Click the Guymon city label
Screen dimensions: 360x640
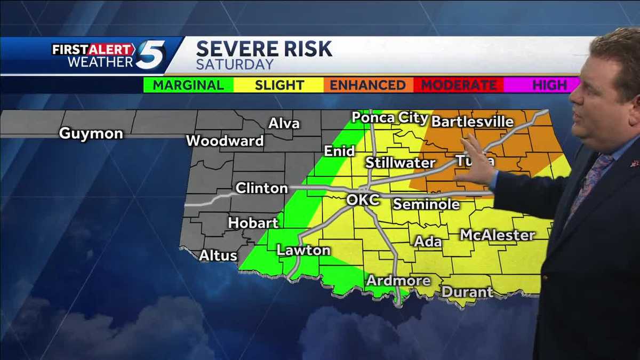pos(91,133)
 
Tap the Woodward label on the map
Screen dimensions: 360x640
pos(225,141)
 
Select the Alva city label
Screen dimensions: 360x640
pos(284,124)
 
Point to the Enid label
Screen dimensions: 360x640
pos(339,151)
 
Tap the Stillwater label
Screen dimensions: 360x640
pos(400,163)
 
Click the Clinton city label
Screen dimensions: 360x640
pos(261,188)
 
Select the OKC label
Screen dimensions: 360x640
pos(363,201)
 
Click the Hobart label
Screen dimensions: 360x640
pos(253,223)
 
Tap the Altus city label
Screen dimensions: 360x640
pos(218,256)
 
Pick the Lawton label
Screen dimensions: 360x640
pos(303,250)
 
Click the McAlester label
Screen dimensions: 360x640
pos(497,235)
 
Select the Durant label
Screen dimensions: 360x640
pos(467,292)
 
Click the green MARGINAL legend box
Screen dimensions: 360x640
pos(189,85)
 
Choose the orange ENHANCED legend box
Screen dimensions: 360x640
pos(367,85)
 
